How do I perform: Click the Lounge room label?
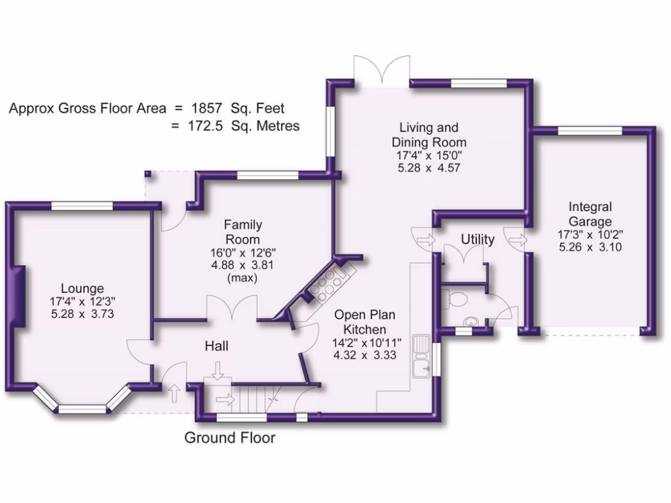point(82,288)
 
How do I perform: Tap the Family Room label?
point(243,232)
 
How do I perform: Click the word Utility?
point(477,240)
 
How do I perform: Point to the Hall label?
point(216,345)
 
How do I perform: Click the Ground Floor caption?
point(229,438)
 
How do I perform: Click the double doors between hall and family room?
point(233,308)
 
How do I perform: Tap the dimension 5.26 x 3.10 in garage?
point(590,247)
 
